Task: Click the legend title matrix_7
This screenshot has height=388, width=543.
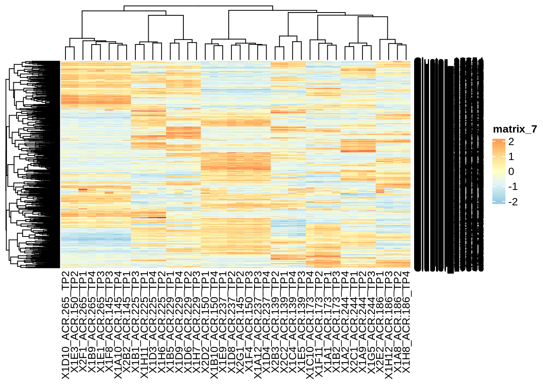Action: point(515,129)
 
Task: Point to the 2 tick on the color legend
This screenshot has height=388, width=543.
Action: point(511,142)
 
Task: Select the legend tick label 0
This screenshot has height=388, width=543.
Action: point(511,172)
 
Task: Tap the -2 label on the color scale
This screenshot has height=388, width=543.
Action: point(513,202)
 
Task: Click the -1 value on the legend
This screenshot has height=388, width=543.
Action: point(513,187)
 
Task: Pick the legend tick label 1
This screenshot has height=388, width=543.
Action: point(511,157)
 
